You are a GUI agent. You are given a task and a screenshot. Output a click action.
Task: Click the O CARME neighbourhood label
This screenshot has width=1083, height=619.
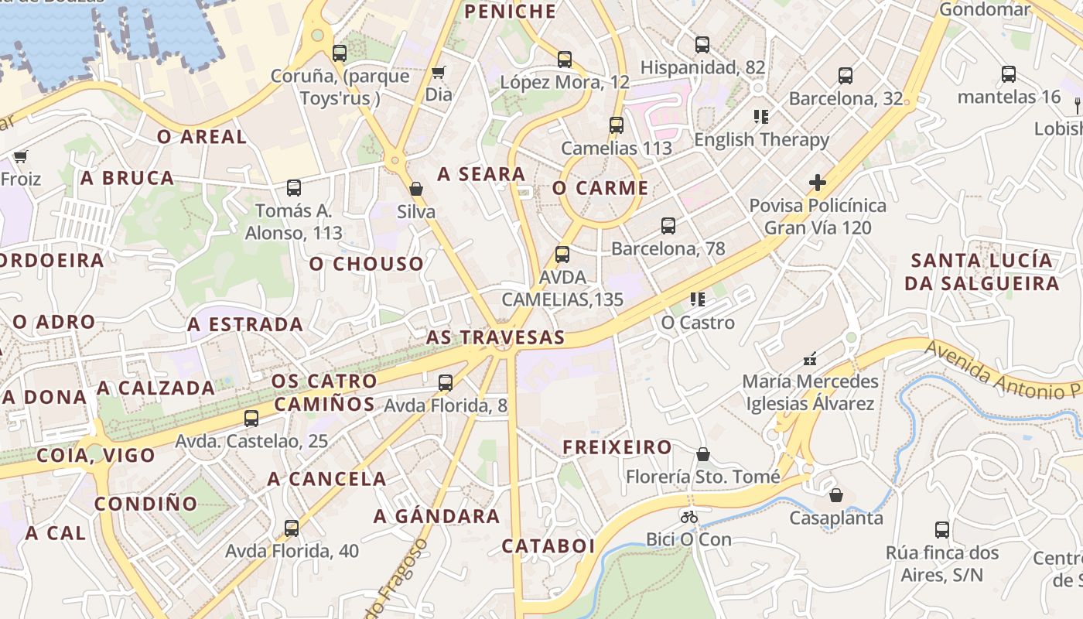point(600,188)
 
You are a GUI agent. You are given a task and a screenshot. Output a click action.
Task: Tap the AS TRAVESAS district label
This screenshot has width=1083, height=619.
point(495,337)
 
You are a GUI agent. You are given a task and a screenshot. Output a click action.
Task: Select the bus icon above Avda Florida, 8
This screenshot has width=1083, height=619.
point(445,382)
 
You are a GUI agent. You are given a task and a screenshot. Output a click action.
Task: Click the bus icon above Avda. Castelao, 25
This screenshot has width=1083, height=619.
point(251,419)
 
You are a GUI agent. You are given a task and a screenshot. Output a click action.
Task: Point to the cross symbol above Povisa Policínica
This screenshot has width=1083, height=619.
point(818,183)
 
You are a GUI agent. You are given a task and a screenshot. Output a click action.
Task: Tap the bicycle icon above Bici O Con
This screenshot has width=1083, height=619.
point(689,517)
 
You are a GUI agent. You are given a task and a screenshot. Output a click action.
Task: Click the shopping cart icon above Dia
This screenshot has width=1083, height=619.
point(439,73)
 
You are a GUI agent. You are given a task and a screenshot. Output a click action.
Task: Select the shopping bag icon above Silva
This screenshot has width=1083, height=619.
point(416,189)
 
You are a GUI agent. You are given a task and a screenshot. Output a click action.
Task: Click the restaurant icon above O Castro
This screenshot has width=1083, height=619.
point(698,299)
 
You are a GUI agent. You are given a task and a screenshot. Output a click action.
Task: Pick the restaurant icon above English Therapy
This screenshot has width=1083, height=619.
point(761,117)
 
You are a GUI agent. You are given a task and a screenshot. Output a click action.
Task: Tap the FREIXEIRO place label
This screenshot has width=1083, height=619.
point(617,447)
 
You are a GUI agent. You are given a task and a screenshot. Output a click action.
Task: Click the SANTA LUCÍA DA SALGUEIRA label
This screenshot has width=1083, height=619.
point(982,272)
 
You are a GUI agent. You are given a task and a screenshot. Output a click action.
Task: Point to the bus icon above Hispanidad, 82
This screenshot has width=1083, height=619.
point(702,45)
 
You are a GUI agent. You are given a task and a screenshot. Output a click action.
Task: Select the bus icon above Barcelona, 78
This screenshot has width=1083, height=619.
point(668,226)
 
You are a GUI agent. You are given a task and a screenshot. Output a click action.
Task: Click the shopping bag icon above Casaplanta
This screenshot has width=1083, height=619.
point(836,495)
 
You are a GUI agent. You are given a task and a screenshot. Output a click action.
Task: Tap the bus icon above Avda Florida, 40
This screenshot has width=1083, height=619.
point(292,528)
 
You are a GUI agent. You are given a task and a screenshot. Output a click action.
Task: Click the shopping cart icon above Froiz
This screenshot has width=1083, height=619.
point(21,156)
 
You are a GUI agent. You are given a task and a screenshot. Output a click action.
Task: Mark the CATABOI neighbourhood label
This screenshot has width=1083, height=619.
point(548,546)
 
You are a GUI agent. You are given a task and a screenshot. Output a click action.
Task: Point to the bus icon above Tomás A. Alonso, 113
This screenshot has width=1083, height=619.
point(294,187)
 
